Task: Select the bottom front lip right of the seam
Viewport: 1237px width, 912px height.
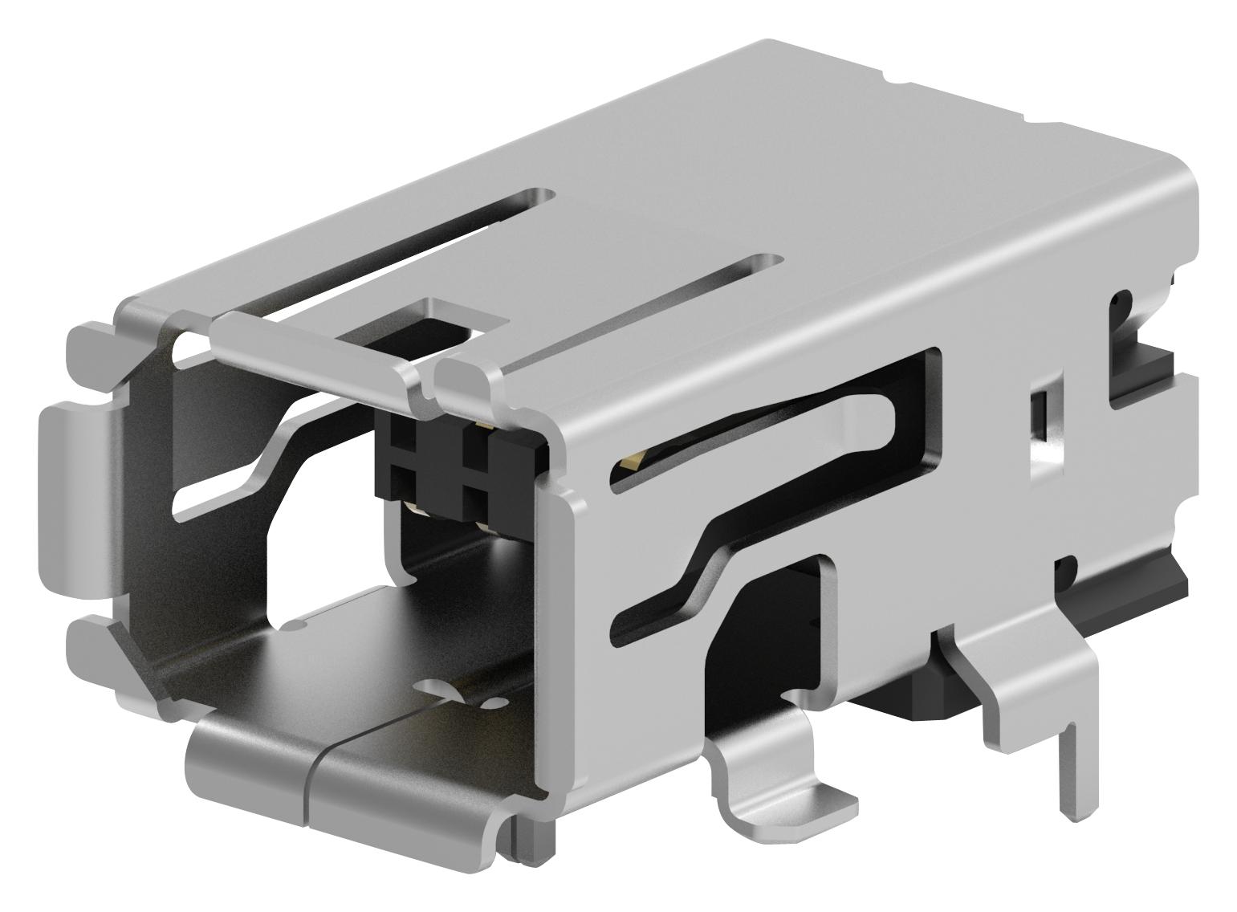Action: (x=401, y=795)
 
